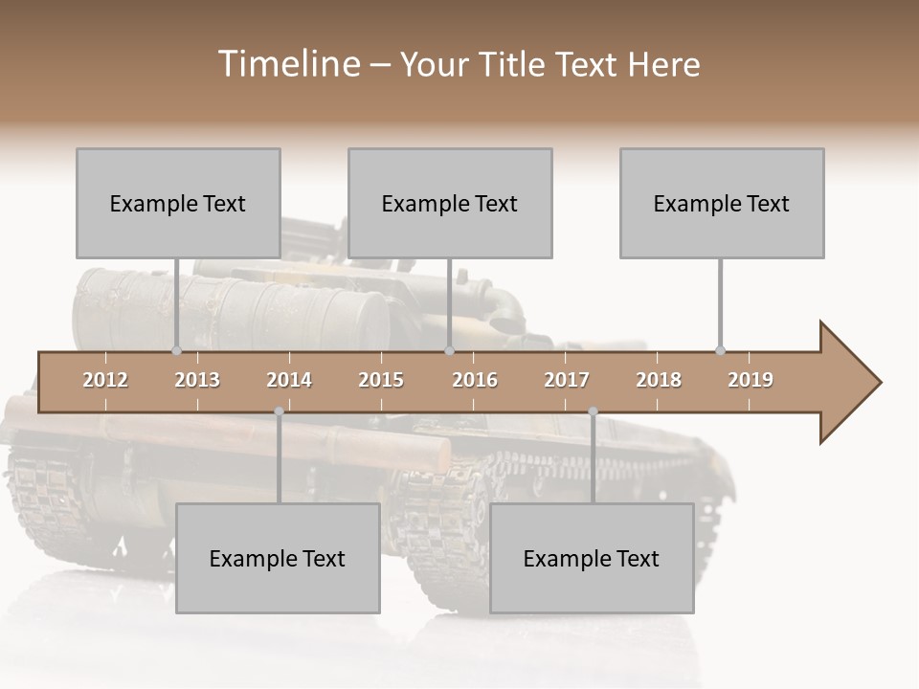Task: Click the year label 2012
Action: point(105,380)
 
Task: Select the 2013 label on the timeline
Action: point(197,380)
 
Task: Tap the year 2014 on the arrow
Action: point(289,380)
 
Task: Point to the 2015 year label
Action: point(381,380)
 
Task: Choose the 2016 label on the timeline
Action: point(475,380)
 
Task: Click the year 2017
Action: point(567,380)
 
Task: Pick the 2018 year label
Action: point(659,380)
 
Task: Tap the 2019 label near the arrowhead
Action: point(751,380)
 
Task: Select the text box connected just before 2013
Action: point(178,203)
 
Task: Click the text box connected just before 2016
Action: point(450,203)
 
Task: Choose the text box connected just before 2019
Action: point(722,203)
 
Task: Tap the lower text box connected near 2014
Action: point(278,558)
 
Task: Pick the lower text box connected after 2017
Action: point(592,558)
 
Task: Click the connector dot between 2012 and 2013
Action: point(176,351)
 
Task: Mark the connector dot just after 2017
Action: point(593,411)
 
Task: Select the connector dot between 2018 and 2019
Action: point(720,351)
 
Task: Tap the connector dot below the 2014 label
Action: point(279,411)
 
